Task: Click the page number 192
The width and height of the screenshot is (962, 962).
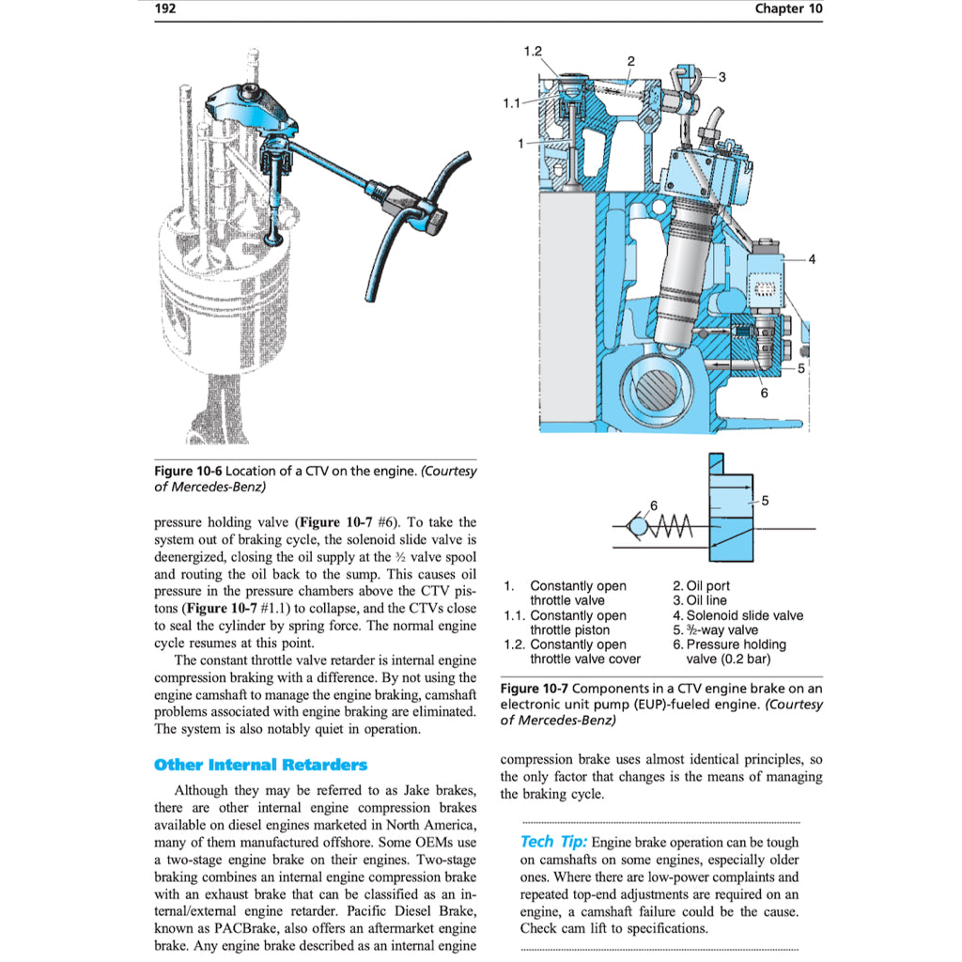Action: (x=165, y=9)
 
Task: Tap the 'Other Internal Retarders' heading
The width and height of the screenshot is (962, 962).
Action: (x=260, y=765)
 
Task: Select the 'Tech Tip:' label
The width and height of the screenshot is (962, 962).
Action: (x=553, y=842)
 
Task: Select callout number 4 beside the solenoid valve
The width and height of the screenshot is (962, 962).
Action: (x=812, y=260)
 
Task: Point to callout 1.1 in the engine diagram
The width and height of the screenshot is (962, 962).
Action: (x=512, y=103)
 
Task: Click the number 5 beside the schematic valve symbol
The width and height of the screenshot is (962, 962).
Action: (x=766, y=502)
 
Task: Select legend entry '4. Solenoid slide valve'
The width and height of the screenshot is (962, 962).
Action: (x=737, y=615)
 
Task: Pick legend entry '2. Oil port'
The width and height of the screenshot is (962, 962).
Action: (x=701, y=586)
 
